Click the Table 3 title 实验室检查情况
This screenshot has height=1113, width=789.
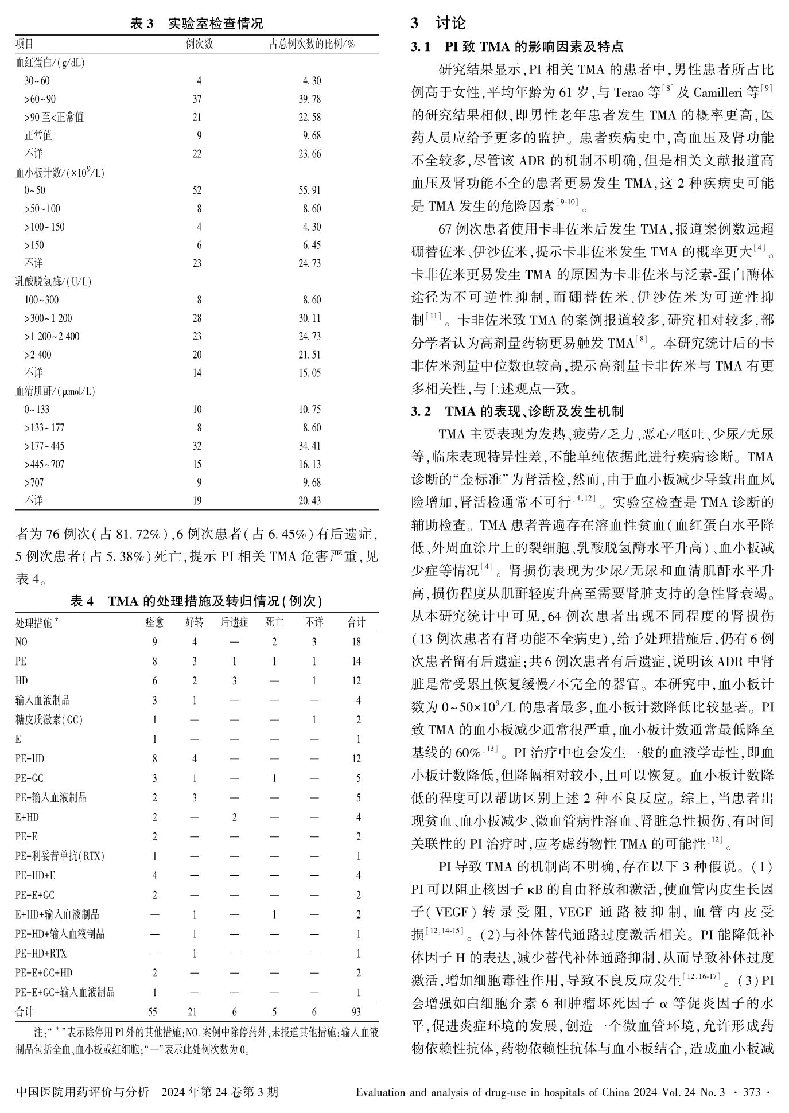tap(215, 24)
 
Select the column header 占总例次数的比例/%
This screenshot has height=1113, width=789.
tap(312, 44)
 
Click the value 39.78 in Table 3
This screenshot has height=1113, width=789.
tap(309, 99)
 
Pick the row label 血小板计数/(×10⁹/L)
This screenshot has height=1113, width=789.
tap(60, 172)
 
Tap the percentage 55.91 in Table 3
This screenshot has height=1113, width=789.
tap(309, 190)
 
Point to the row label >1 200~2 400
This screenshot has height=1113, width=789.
tap(52, 337)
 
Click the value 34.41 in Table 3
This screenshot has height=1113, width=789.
tap(309, 446)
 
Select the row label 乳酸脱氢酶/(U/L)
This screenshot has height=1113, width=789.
tap(53, 282)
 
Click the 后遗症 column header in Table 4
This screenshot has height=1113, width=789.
tap(234, 622)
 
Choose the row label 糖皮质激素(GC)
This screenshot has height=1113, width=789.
tap(49, 720)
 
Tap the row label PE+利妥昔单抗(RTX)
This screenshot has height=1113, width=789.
tap(60, 856)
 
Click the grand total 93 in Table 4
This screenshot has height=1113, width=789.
tap(356, 1012)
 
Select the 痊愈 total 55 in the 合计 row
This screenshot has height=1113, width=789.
tap(152, 1012)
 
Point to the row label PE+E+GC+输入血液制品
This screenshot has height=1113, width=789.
tap(65, 992)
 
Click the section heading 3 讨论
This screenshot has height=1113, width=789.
tap(438, 24)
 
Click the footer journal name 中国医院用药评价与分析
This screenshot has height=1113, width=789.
tap(83, 1092)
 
